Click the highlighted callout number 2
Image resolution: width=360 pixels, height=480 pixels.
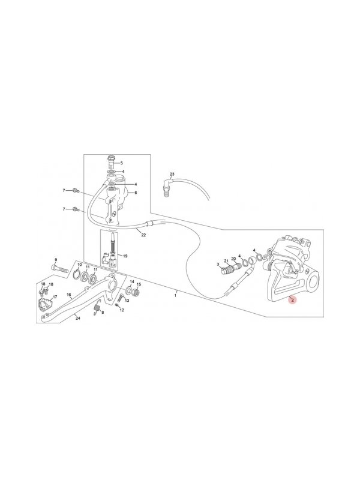point(292,300)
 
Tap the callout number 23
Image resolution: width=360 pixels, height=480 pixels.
point(172,174)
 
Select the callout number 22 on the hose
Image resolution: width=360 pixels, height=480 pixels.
point(143,235)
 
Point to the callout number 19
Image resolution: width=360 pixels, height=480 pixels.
point(125,256)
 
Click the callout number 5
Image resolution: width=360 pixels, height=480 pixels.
point(121,163)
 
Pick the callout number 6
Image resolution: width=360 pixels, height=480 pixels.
point(136,193)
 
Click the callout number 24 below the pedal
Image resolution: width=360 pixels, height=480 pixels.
point(78,319)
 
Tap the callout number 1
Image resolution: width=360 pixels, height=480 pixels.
point(175,295)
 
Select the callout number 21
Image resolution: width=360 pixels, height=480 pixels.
point(227,260)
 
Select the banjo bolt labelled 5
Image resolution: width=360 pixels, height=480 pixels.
point(111,161)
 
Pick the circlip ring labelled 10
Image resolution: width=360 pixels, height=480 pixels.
point(78,275)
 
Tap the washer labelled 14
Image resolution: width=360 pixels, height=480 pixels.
point(129,289)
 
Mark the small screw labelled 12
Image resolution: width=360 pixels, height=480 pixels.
point(117,305)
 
